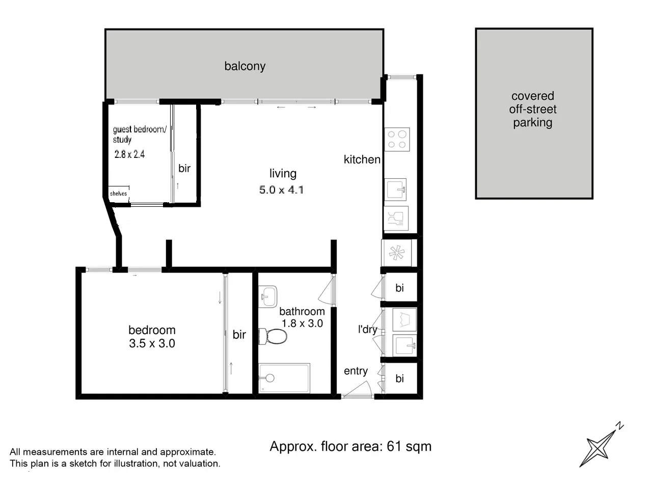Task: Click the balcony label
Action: pyautogui.click(x=244, y=66)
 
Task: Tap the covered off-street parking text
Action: pyautogui.click(x=532, y=109)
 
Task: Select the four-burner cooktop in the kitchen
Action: pyautogui.click(x=397, y=140)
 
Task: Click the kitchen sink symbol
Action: pyautogui.click(x=396, y=189)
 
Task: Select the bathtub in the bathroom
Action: pyautogui.click(x=284, y=378)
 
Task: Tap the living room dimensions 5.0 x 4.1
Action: pyautogui.click(x=281, y=190)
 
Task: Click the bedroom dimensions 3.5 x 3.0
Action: pyautogui.click(x=152, y=344)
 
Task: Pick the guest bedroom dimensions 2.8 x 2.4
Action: pyautogui.click(x=129, y=154)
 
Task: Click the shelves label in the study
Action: pyautogui.click(x=118, y=194)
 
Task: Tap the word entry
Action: pyautogui.click(x=356, y=371)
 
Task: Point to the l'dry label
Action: pyautogui.click(x=367, y=329)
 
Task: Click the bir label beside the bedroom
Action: pyautogui.click(x=239, y=335)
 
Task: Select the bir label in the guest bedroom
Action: pyautogui.click(x=184, y=168)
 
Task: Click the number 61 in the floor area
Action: pyautogui.click(x=394, y=446)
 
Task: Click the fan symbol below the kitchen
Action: pyautogui.click(x=396, y=253)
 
